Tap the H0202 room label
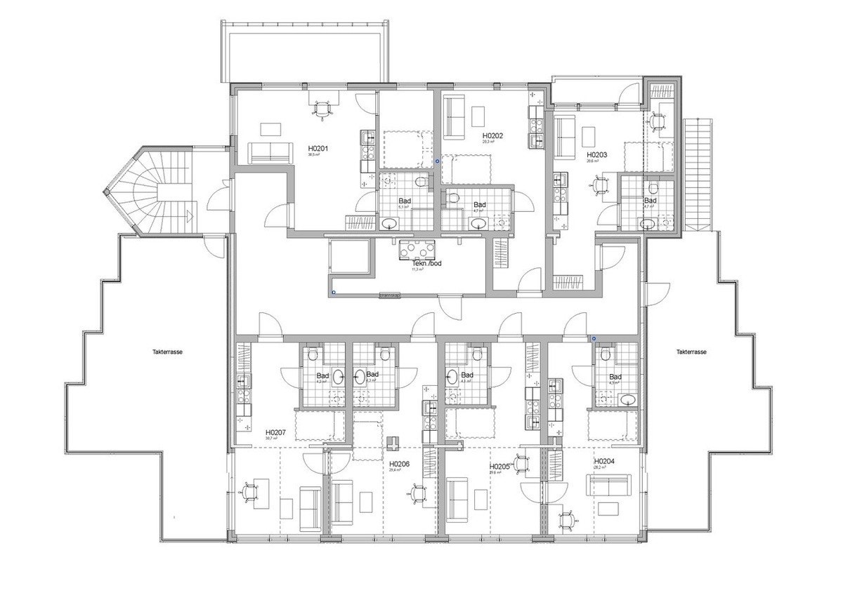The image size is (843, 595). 492,135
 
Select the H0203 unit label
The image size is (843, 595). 596,154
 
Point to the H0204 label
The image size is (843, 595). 604,462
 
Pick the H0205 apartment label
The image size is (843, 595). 499,466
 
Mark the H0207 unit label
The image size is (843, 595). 275,433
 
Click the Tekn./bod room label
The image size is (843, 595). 416,264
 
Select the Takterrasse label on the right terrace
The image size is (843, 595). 691,352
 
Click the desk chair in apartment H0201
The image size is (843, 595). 322,109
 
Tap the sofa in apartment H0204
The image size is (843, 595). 609,484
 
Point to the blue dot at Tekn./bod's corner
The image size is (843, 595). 334,291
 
